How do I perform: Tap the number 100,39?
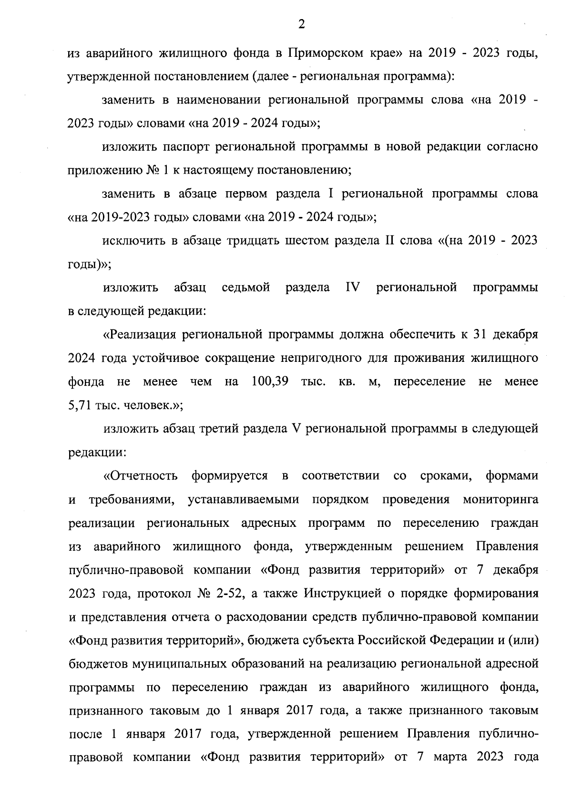click(x=270, y=382)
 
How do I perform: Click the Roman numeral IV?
click(x=353, y=288)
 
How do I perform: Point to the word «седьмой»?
click(x=246, y=288)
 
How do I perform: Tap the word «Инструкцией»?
click(x=342, y=594)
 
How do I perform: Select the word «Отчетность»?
click(x=142, y=476)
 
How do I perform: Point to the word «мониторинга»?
click(x=500, y=500)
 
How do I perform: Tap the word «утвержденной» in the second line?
click(x=103, y=77)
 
